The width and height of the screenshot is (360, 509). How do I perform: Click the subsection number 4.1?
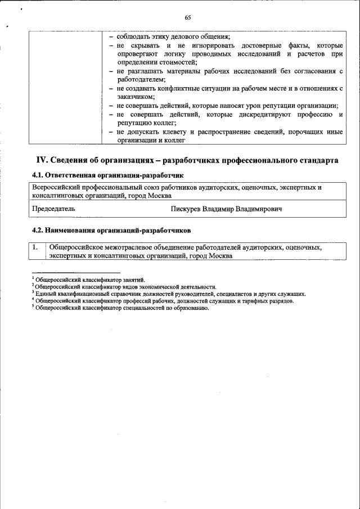(x=38, y=175)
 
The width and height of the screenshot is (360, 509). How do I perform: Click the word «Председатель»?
(x=53, y=209)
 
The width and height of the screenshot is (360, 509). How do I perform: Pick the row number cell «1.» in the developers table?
(x=35, y=247)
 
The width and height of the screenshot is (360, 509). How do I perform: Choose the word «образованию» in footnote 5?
(x=183, y=308)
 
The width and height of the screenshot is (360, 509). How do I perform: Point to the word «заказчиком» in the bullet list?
(x=134, y=97)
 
